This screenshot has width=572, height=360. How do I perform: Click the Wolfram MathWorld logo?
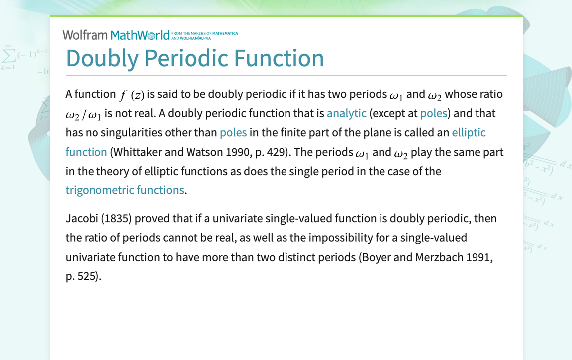point(116,35)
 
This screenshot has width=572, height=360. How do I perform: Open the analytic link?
point(346,113)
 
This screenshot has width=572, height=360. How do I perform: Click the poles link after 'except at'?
point(433,113)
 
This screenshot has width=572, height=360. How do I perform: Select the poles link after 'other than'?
point(233,133)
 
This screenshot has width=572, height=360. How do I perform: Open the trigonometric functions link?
point(124,190)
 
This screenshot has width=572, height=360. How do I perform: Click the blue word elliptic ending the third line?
point(469,133)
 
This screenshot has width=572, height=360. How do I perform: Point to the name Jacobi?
point(82,219)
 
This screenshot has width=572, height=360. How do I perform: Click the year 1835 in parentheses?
point(117,219)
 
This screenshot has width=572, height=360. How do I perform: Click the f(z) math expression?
point(131,95)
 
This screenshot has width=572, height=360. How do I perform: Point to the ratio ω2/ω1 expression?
point(83,114)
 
